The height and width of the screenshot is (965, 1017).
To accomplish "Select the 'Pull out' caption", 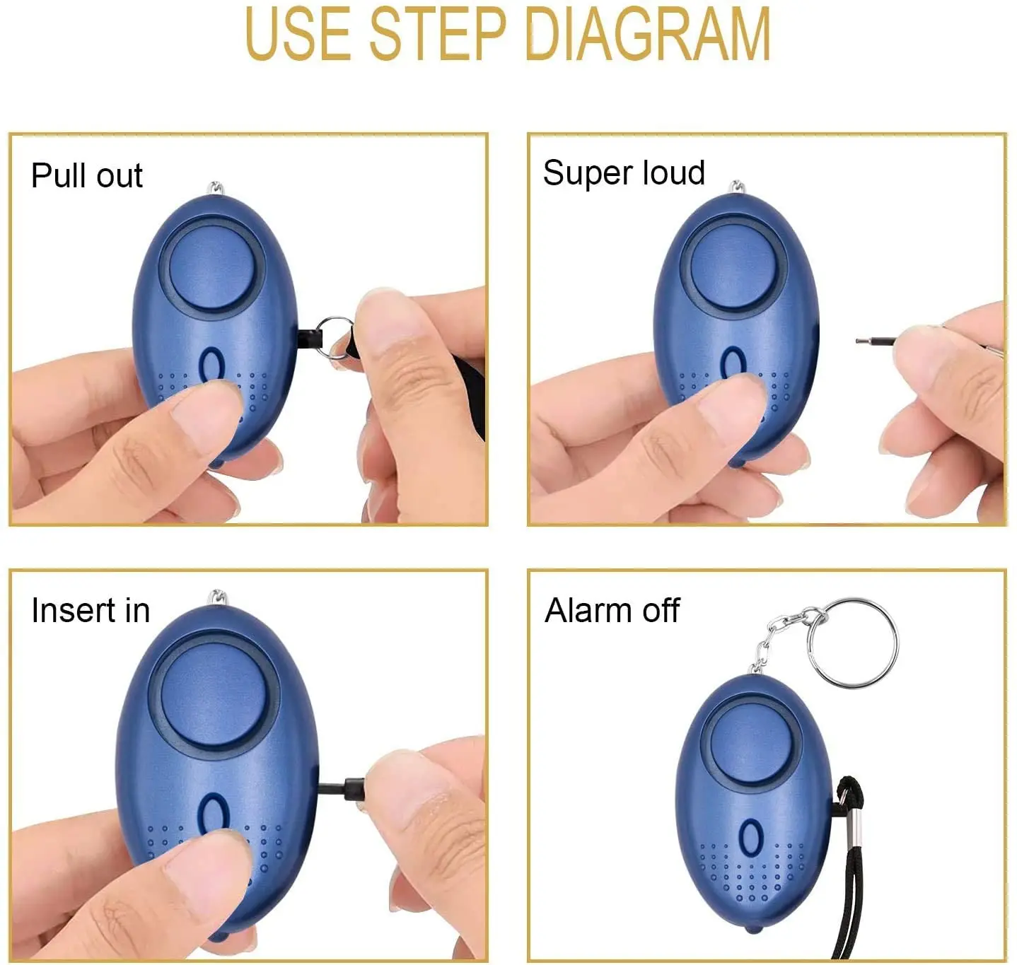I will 87,175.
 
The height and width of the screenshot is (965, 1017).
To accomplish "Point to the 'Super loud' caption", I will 624,173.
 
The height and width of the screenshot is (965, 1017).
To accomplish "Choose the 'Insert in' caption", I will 91,610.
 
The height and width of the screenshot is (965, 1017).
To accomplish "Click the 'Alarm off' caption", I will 612,610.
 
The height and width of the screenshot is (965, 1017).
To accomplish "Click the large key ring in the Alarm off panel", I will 852,643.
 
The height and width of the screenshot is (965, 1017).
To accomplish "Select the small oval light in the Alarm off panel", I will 750,838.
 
